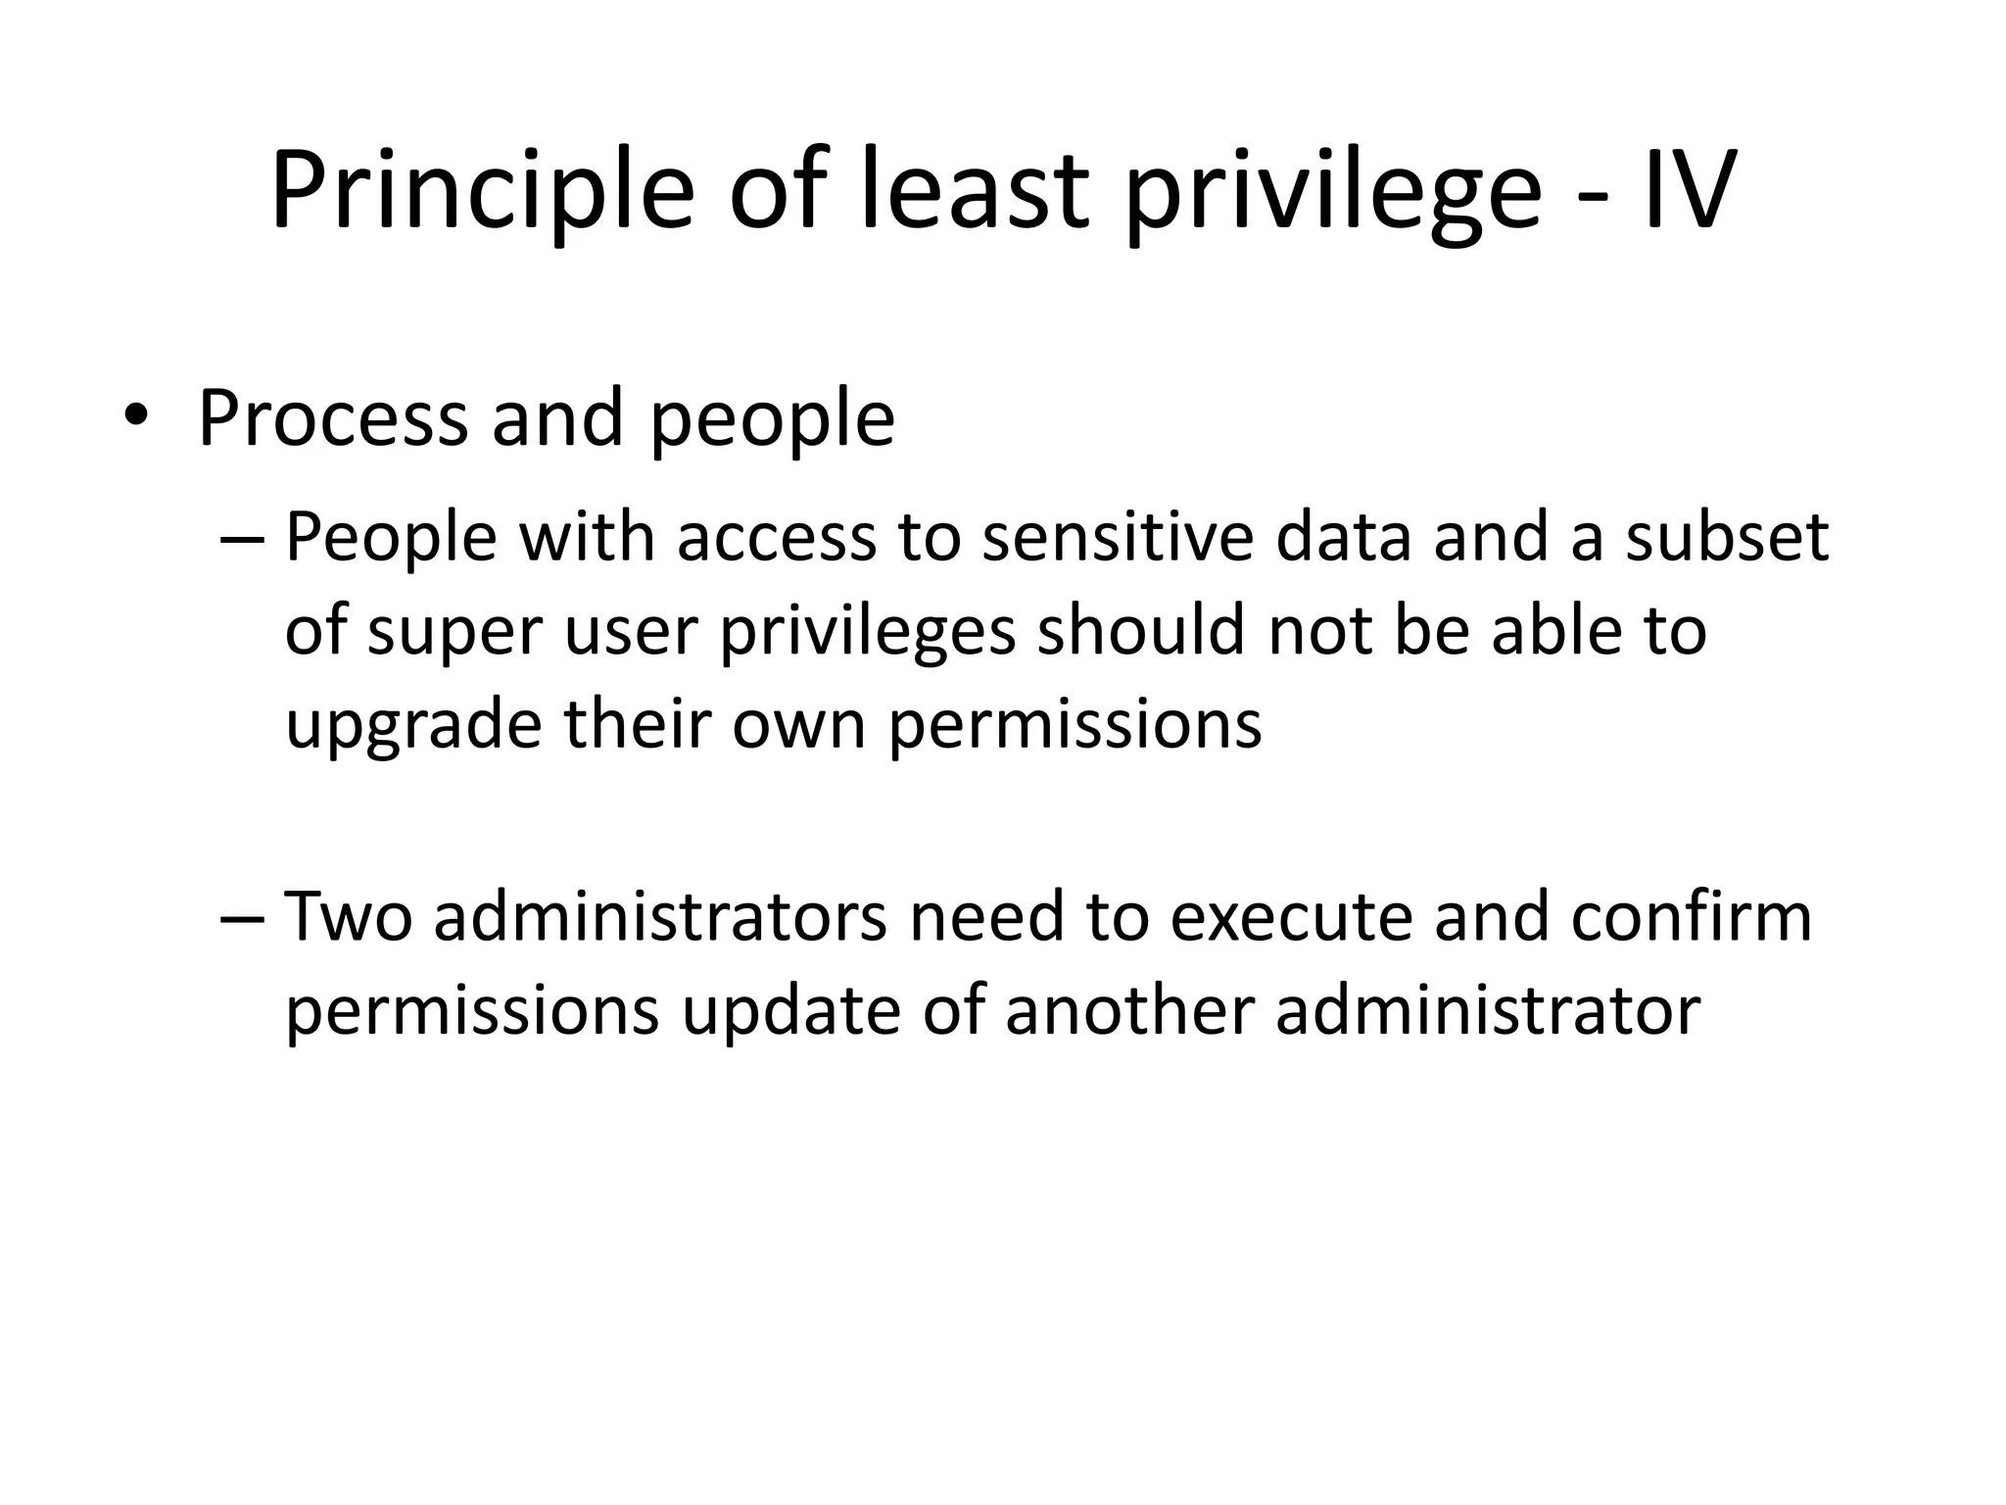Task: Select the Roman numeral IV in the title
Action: [x=1687, y=192]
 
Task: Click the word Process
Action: [x=332, y=419]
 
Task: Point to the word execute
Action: [x=1291, y=918]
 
